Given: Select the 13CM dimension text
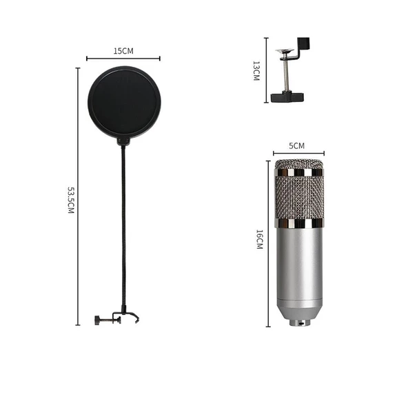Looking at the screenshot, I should (256, 72).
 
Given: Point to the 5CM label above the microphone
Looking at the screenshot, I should (296, 145).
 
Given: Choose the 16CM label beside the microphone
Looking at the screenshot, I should (258, 241).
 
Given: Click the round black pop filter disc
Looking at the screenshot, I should (124, 103).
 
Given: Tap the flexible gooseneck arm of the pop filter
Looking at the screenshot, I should (123, 227).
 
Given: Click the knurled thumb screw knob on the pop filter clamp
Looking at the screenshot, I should (98, 319).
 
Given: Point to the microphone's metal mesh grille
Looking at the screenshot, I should (299, 193).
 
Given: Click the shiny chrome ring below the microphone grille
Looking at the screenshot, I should (299, 225).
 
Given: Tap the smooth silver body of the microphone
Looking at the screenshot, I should (299, 269).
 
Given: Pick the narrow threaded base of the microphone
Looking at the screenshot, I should (299, 323).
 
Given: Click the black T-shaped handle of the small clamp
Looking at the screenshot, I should (284, 96).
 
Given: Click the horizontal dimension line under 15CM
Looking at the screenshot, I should (123, 59).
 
